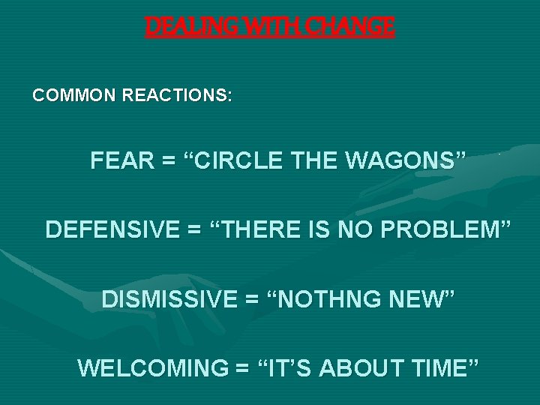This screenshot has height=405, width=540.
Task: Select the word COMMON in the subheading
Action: (x=71, y=97)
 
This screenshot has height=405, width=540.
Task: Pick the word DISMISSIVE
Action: (x=168, y=299)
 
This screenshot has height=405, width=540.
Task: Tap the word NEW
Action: (x=423, y=299)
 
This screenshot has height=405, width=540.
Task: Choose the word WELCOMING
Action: (x=151, y=368)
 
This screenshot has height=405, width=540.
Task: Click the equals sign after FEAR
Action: (x=167, y=160)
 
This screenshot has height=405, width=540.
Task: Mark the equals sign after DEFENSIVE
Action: (x=194, y=229)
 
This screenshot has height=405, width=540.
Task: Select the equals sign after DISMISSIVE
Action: (x=251, y=299)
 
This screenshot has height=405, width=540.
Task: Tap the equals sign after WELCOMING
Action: (x=241, y=368)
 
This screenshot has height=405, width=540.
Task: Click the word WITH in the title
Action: (x=260, y=27)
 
